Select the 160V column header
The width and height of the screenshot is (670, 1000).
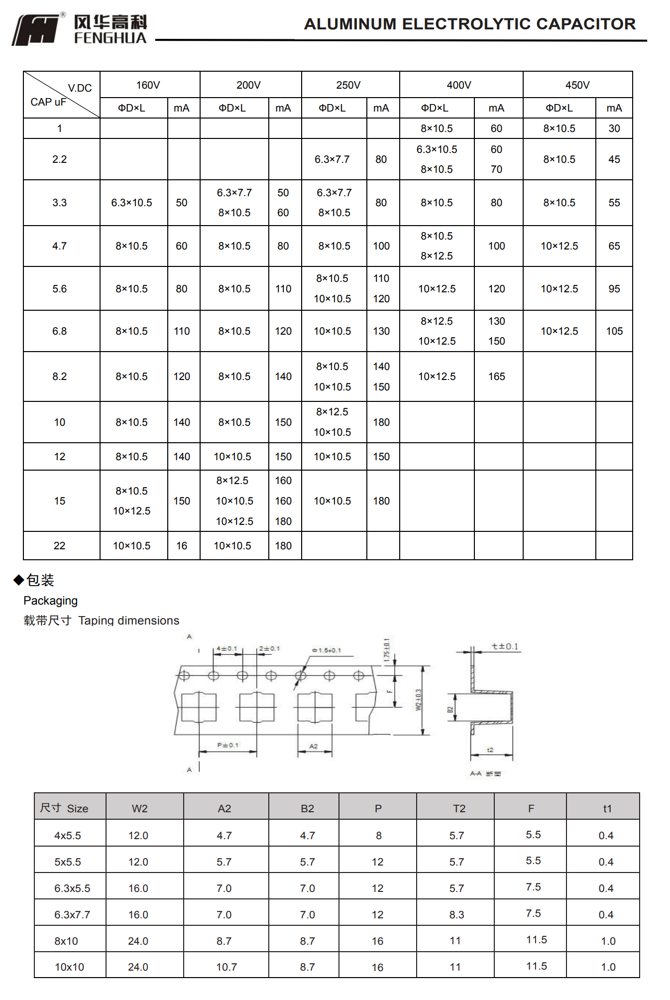tap(148, 85)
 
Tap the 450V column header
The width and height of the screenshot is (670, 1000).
tap(577, 85)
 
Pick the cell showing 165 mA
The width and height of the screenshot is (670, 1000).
tap(496, 376)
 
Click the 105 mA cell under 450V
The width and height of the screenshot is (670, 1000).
tap(614, 331)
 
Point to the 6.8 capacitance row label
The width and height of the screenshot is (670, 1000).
tap(59, 331)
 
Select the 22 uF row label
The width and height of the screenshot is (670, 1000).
tap(59, 546)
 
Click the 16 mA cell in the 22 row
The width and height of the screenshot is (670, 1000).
tap(182, 546)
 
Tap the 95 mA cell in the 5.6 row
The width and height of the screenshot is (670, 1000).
tap(614, 289)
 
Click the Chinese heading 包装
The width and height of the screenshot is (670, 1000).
tap(40, 580)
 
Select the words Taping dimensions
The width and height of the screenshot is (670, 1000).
tap(128, 621)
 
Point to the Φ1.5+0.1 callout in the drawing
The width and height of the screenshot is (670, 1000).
tap(327, 650)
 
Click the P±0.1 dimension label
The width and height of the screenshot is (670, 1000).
tap(227, 745)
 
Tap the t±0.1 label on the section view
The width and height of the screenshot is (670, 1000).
tap(505, 646)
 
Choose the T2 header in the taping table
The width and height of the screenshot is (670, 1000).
tap(459, 808)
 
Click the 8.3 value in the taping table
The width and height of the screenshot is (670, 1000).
tap(456, 915)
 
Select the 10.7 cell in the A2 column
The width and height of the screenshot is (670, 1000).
tap(226, 967)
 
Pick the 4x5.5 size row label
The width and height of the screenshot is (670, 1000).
tap(68, 836)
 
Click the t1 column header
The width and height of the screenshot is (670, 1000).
tap(607, 808)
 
